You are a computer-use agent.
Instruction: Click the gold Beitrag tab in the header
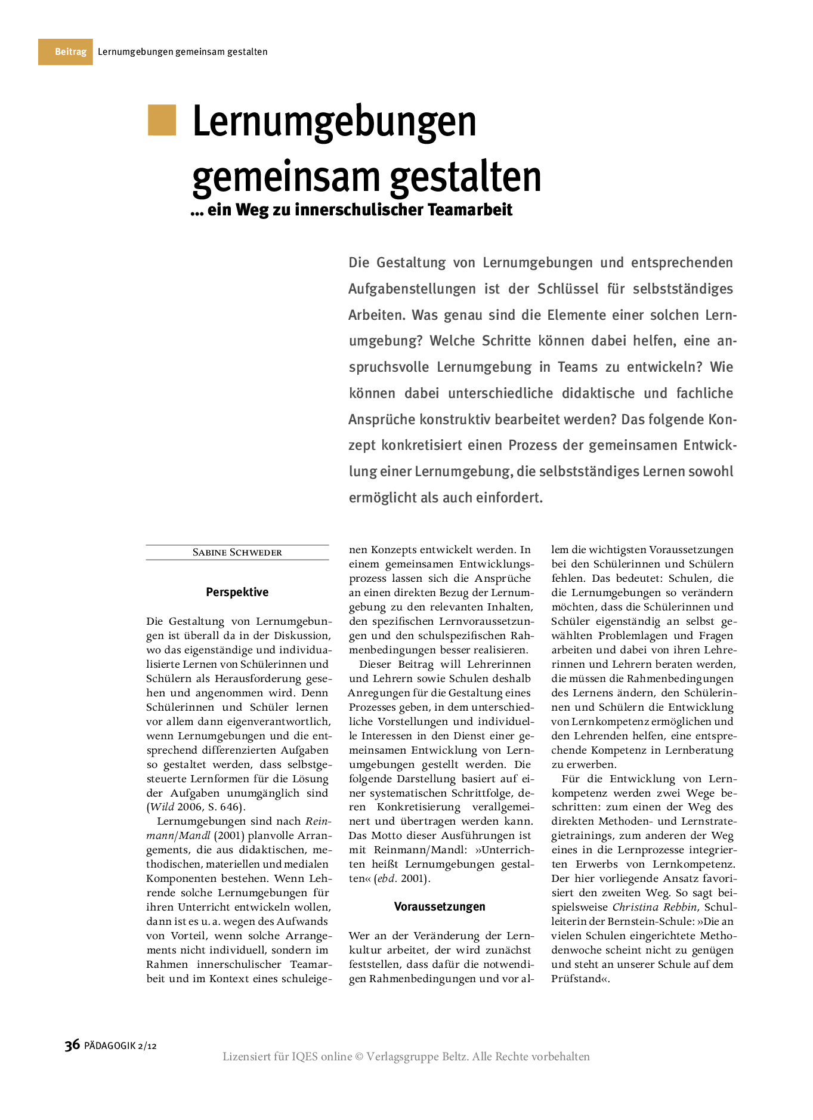coord(66,52)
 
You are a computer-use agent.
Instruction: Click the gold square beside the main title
coord(162,120)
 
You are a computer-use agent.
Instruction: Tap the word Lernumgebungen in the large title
coord(334,122)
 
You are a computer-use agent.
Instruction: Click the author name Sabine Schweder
coord(237,553)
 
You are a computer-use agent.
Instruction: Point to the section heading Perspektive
coord(237,592)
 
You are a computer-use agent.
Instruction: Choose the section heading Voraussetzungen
coord(440,906)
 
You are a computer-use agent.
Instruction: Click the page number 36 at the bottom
coord(72,1045)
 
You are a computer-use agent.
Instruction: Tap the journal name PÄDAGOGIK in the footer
coord(110,1045)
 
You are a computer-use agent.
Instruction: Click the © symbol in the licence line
coord(359,1057)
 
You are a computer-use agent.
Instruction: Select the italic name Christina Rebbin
coord(654,907)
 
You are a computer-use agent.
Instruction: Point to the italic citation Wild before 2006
coord(162,807)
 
